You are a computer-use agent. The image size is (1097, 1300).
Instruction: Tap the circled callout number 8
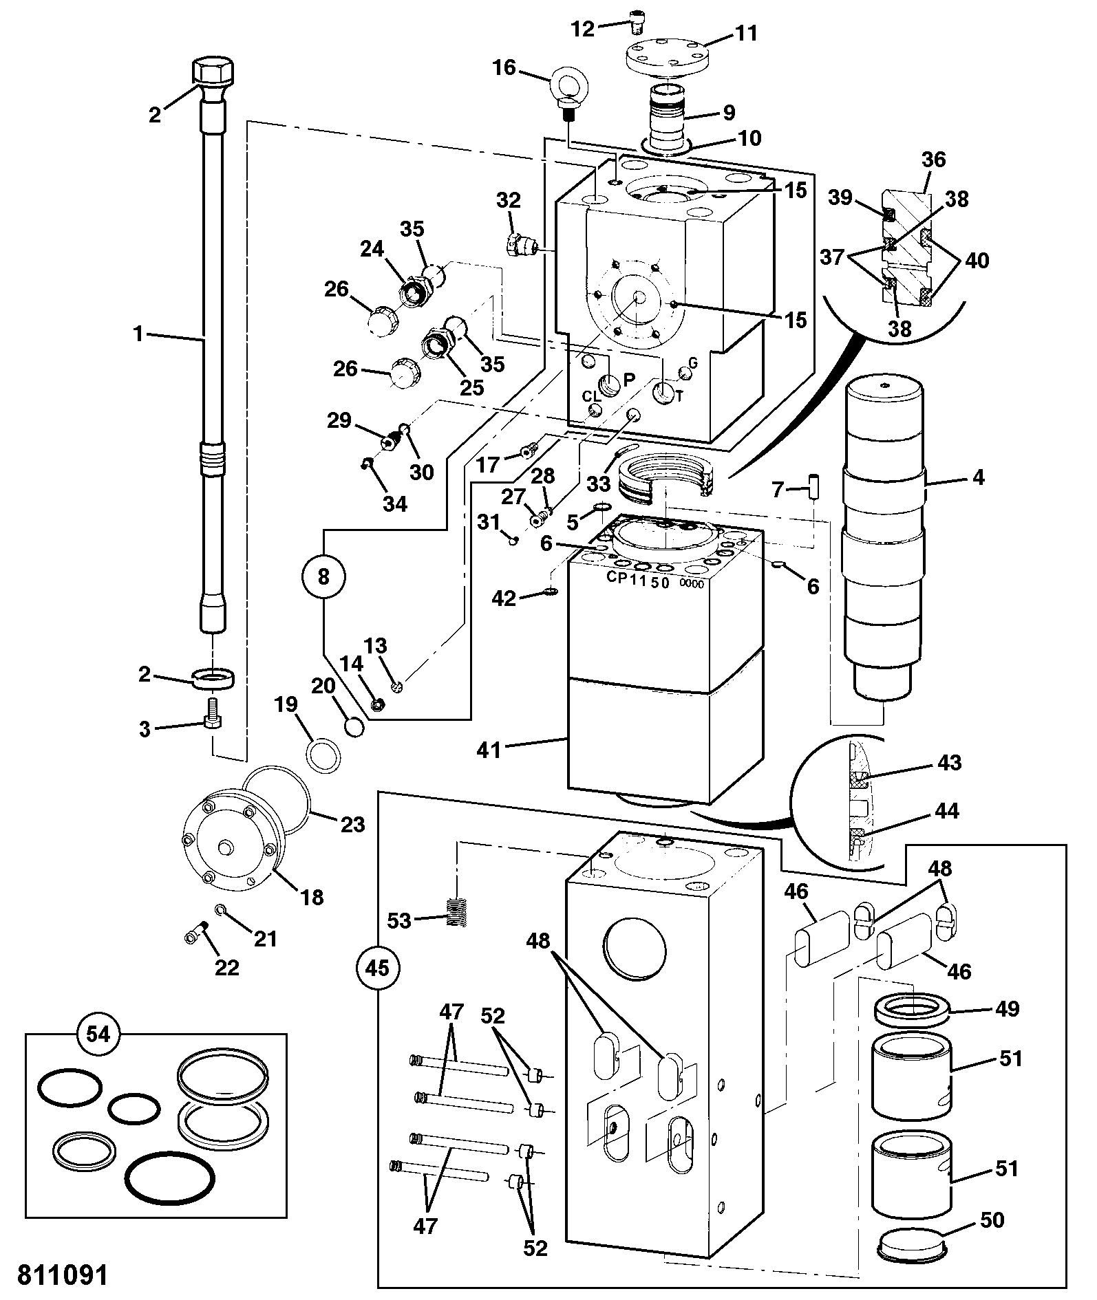point(323,576)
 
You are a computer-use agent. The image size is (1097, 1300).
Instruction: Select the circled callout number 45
point(377,968)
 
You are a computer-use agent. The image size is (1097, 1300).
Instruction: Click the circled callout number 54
point(98,1034)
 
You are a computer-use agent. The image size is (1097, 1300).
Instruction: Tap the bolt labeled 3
point(213,712)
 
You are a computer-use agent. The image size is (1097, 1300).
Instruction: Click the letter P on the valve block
point(628,380)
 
